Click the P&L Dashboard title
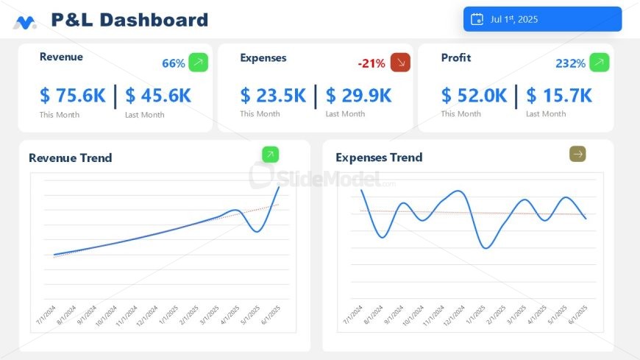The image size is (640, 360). (129, 20)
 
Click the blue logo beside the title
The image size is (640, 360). (24, 23)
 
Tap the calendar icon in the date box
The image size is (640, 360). (477, 19)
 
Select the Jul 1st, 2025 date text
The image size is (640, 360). (514, 19)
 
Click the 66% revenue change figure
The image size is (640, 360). (174, 63)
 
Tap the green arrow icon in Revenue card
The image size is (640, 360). (198, 63)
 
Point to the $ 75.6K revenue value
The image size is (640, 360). (73, 96)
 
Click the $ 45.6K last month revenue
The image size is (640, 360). (158, 96)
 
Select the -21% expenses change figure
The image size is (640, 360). (371, 63)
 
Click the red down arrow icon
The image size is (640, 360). (400, 63)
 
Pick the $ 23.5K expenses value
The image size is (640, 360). (273, 96)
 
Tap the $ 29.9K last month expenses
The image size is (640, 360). (359, 96)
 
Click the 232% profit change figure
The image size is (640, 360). (570, 63)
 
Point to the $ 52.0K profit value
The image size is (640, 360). (474, 96)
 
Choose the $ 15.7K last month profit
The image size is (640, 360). (560, 96)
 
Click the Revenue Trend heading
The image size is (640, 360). (71, 158)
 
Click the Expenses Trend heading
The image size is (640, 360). (379, 157)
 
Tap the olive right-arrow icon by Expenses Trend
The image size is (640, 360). (577, 154)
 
